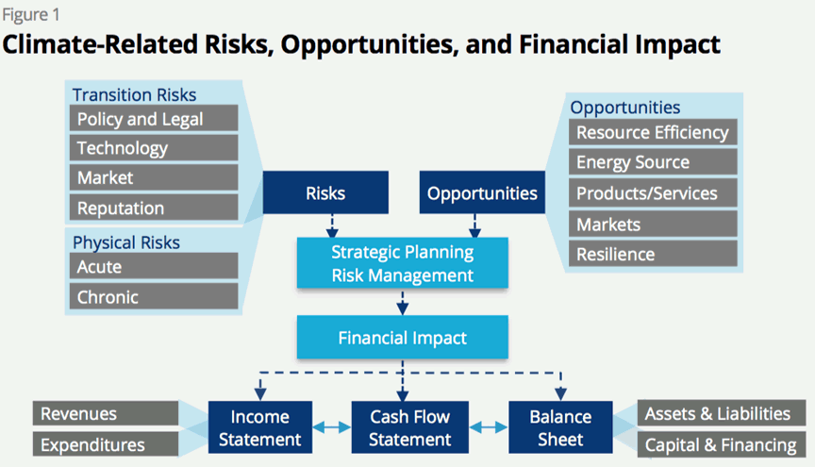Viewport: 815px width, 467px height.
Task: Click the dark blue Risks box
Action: point(325,192)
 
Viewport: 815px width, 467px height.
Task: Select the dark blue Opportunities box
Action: point(482,192)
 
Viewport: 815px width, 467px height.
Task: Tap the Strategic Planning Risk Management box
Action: point(402,263)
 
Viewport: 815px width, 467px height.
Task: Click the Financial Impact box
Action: point(402,338)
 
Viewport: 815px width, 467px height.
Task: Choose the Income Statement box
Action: point(260,427)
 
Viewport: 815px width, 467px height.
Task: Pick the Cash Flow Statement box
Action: point(410,427)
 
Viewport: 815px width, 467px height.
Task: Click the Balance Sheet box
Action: point(560,427)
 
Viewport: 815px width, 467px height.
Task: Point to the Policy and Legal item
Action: point(154,118)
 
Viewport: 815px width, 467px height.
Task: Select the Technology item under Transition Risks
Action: point(154,148)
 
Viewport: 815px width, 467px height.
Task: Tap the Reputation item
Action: point(154,208)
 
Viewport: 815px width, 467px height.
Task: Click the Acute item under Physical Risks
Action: point(154,266)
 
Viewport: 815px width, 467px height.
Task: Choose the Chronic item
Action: point(154,296)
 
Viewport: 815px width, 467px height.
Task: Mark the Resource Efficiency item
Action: point(653,132)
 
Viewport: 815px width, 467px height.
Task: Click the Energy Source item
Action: point(653,161)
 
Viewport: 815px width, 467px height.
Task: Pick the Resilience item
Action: point(653,254)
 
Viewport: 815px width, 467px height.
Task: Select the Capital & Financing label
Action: point(721,445)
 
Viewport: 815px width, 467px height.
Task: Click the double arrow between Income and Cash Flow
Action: point(332,427)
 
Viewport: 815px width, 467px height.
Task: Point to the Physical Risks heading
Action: point(126,242)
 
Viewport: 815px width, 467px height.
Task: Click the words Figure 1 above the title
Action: point(31,14)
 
